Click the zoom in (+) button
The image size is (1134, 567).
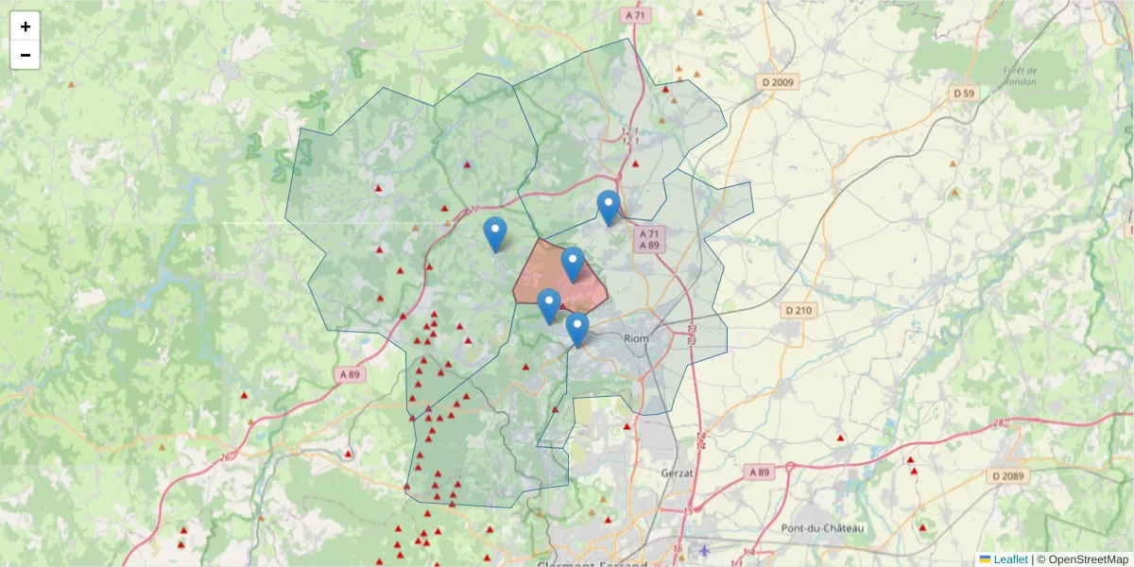click(26, 26)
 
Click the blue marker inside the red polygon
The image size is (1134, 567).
click(572, 264)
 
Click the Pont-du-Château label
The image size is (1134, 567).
click(821, 527)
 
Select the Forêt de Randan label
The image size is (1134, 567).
click(1020, 76)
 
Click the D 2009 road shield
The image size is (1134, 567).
click(779, 82)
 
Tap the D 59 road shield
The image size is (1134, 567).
click(964, 93)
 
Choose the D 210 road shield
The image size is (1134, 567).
click(799, 310)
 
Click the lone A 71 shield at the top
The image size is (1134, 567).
click(634, 16)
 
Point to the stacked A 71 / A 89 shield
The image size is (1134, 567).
click(648, 239)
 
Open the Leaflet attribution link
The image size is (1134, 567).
click(1009, 559)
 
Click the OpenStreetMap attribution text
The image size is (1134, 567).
click(1088, 559)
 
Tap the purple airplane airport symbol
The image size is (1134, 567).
click(702, 549)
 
